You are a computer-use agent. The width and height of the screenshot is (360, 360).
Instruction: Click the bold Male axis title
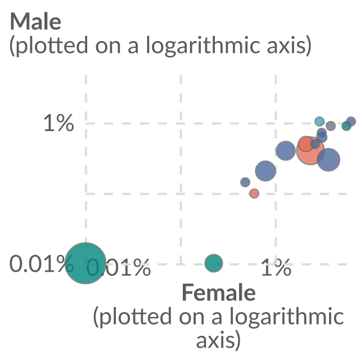point(35,21)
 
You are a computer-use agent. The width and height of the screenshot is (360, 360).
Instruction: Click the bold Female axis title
point(219,292)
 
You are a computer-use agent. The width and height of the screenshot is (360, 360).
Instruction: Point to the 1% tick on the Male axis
point(58,123)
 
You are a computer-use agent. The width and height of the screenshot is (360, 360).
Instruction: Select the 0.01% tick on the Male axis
point(41,264)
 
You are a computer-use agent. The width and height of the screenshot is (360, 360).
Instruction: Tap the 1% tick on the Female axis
point(276,267)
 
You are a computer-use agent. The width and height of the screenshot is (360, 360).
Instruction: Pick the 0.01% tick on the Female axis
point(119,267)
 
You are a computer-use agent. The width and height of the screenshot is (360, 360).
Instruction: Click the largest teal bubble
point(85,263)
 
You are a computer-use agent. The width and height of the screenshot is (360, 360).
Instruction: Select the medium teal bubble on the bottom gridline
point(214,263)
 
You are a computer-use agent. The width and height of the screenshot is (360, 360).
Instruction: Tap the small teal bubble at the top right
point(346,126)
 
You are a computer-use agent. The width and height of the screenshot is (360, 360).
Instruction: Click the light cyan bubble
point(319,121)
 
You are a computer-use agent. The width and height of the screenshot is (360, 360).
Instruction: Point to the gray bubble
point(331,126)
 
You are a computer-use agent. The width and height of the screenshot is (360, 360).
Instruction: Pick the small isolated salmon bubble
point(254,193)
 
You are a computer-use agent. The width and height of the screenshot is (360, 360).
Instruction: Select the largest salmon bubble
point(310,151)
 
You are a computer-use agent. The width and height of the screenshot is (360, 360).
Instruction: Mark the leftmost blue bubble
point(245,182)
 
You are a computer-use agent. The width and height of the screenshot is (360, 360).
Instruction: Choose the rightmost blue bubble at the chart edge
point(351,121)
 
